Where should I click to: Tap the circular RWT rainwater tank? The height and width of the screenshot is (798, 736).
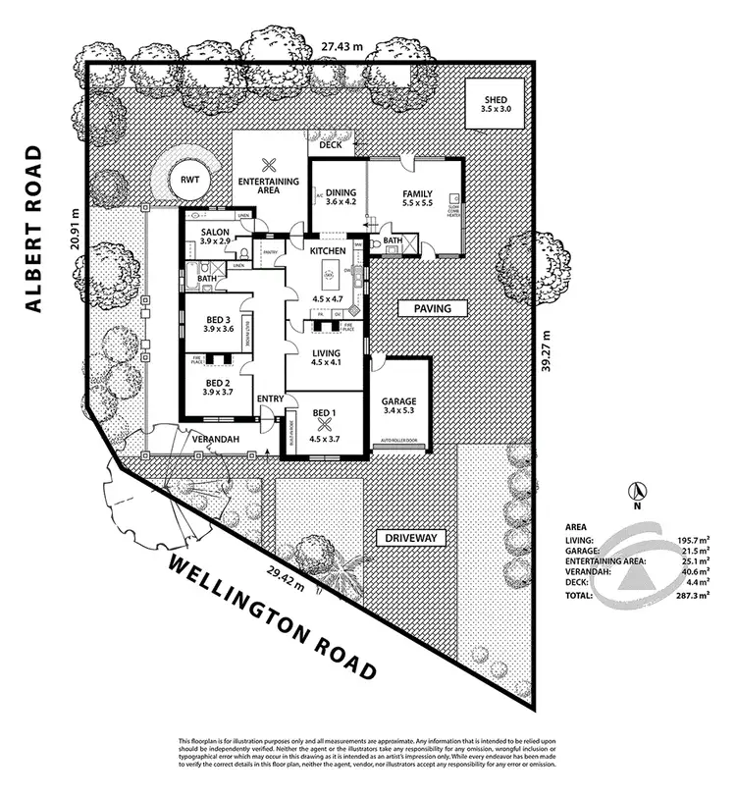183,179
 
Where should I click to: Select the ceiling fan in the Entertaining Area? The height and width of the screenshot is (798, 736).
270,166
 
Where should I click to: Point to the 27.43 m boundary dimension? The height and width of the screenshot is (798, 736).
344,45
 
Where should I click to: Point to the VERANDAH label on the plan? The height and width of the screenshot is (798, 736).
215,439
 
